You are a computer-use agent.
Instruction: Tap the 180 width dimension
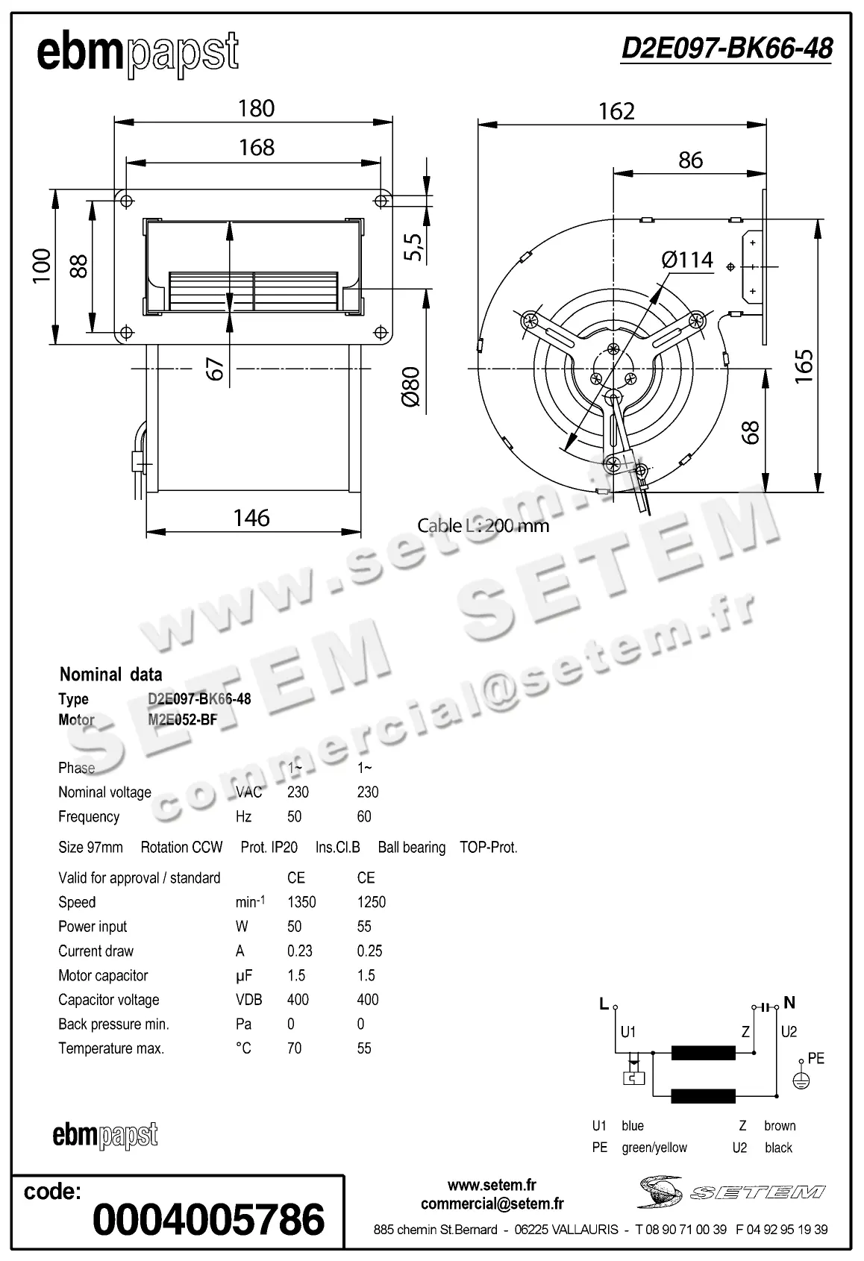tap(256, 109)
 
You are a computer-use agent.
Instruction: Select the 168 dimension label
tap(256, 148)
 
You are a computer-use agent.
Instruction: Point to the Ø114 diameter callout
tap(686, 260)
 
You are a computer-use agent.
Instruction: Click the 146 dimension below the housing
tap(251, 518)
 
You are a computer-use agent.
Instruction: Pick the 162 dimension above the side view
tap(616, 111)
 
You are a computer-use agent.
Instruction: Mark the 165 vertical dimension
tap(804, 366)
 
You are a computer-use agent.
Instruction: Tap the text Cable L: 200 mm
tap(483, 525)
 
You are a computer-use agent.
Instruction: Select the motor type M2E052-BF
tap(182, 720)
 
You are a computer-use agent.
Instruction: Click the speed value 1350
tap(301, 902)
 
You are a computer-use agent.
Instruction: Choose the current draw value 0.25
tap(369, 951)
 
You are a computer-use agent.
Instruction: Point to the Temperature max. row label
tap(110, 1048)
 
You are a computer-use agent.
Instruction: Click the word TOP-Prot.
tap(488, 848)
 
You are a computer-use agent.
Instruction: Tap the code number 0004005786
tap(208, 1219)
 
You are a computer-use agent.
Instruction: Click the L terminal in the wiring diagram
tap(604, 1004)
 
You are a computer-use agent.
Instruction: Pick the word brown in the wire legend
tap(780, 1126)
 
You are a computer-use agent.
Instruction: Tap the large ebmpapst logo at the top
tap(137, 54)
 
